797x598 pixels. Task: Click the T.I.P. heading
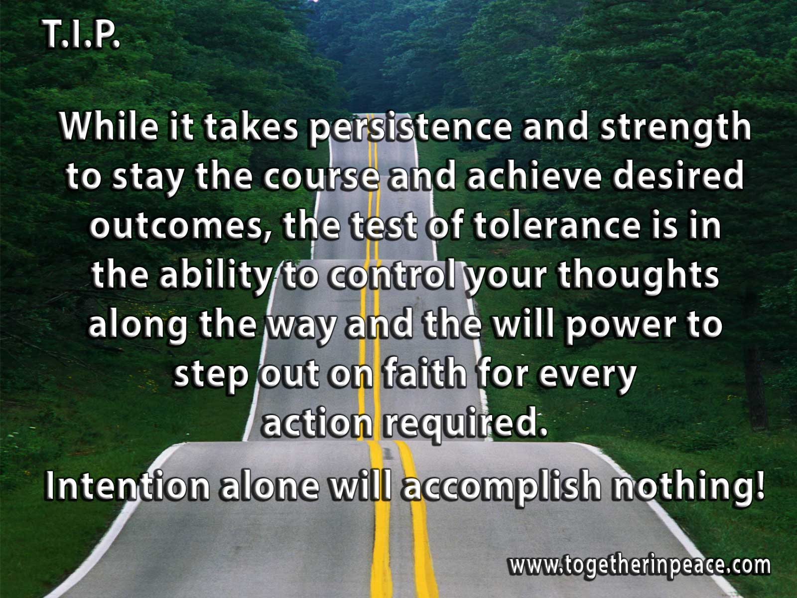pyautogui.click(x=81, y=34)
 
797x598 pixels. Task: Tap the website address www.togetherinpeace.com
pyautogui.click(x=640, y=565)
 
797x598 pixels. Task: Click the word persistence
pyautogui.click(x=410, y=128)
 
